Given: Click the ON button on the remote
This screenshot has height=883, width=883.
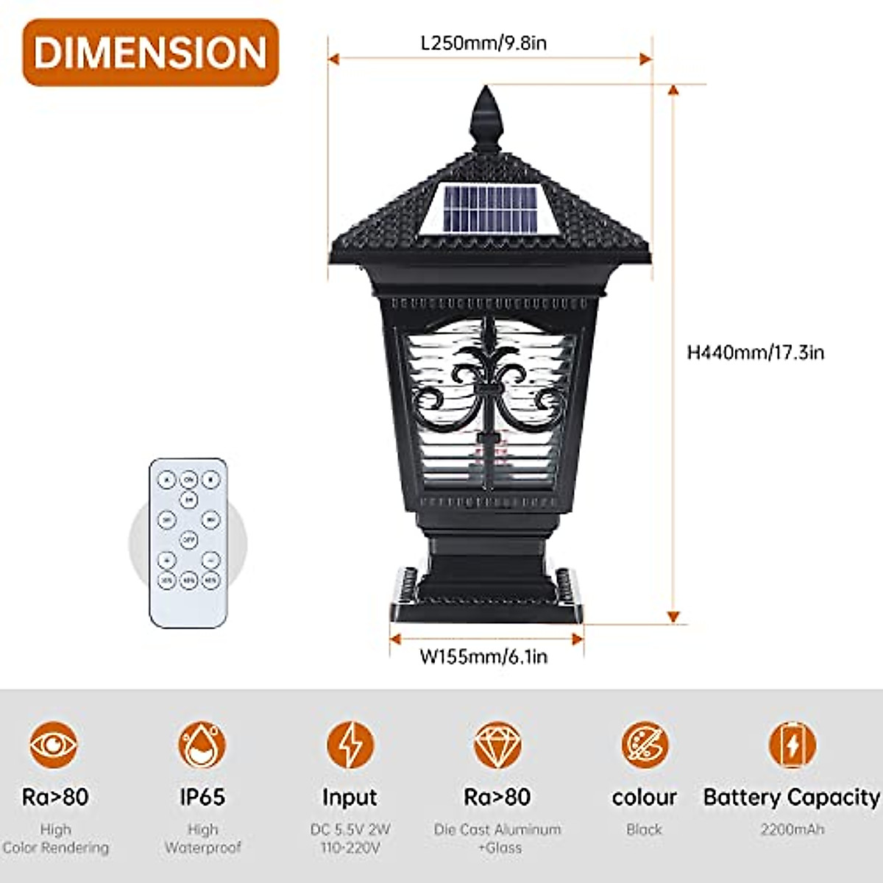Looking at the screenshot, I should [189, 480].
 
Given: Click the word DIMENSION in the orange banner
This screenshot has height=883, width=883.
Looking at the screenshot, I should [150, 53].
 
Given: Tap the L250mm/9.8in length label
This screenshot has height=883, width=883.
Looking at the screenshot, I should [483, 43].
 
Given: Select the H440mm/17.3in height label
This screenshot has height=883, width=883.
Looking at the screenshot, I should [755, 352].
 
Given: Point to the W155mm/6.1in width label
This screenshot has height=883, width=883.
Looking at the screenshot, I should [483, 656].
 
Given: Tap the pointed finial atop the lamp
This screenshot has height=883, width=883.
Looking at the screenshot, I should [486, 118].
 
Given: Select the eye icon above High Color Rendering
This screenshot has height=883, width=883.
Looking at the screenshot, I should [54, 745].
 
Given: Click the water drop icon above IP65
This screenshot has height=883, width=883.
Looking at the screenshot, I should [202, 745].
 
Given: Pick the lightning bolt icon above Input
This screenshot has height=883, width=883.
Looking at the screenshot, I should [350, 745].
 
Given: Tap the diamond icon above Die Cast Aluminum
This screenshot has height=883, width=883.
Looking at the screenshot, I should [497, 745].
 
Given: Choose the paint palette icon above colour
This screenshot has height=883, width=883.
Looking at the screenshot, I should [645, 745].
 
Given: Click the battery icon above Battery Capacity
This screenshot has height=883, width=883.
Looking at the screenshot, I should [792, 745].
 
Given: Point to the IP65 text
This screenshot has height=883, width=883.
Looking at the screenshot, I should [202, 797].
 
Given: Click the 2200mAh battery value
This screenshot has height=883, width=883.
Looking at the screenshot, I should [792, 829].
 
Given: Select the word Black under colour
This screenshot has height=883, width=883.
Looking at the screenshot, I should [645, 829].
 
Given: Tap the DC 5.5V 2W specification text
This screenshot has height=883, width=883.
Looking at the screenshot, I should [350, 829].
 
